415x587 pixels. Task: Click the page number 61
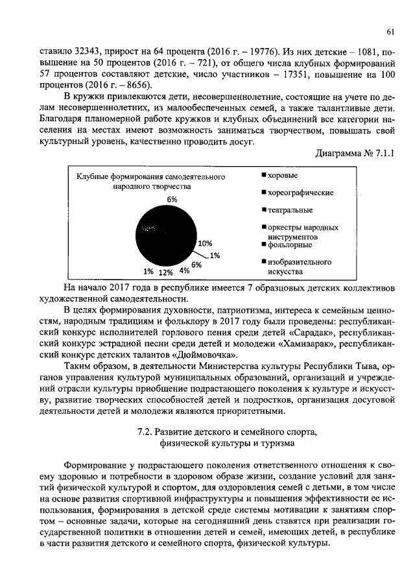390,32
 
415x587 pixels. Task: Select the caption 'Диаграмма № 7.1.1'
355,154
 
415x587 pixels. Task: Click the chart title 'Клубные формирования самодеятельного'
151,176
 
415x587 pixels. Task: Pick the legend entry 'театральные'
289,210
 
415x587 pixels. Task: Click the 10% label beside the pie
206,243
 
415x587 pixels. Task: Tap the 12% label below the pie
166,272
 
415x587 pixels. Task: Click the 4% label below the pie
185,270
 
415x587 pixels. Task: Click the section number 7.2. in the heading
148,431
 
